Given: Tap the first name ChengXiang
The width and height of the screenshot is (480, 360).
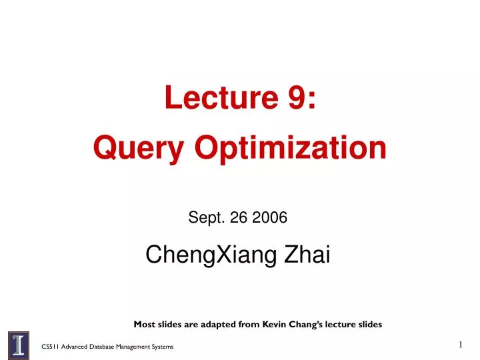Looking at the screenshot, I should click(211, 254).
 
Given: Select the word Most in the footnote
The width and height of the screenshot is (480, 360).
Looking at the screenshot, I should click(145, 325).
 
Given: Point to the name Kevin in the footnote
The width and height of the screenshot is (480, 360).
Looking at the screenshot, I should click(264, 325).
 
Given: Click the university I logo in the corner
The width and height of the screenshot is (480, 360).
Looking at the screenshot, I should click(18, 345).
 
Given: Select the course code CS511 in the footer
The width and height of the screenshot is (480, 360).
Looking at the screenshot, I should click(50, 347).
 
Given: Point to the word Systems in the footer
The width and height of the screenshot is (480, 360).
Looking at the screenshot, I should click(163, 347).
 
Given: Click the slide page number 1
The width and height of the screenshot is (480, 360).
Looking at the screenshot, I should click(460, 344).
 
